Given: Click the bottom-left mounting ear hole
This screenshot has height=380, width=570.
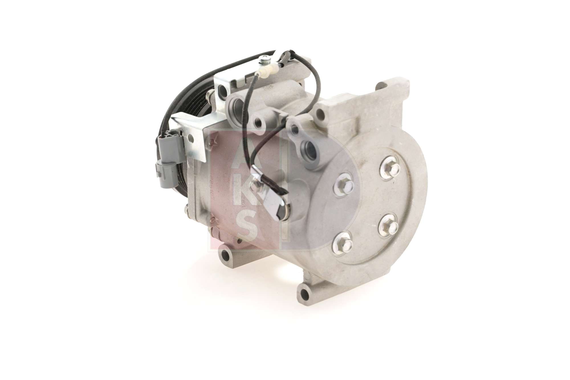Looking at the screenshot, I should coord(226,254).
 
